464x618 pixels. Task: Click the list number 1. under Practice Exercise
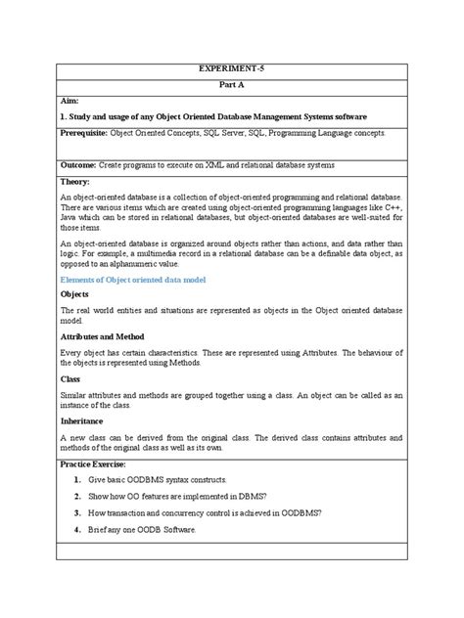[76, 482]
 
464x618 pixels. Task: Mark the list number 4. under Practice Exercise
[76, 529]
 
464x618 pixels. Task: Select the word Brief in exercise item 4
[100, 529]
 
